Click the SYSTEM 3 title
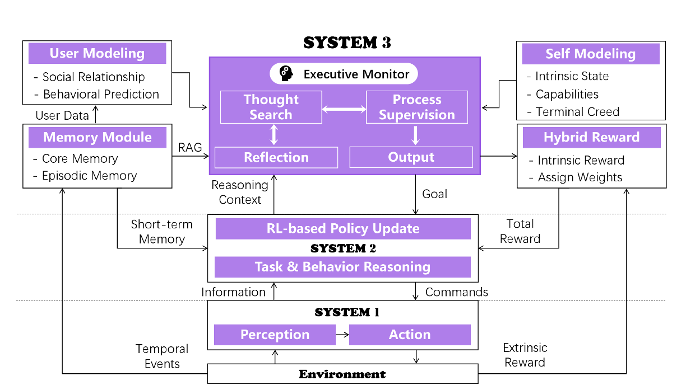pos(347,43)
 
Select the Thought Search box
pos(271,107)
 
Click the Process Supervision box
pos(416,107)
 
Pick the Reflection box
pos(276,157)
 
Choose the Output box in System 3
pos(411,157)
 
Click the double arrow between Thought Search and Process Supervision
pos(344,109)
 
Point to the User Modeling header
pos(97,54)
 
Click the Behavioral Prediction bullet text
pos(101,94)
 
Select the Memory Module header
pos(97,137)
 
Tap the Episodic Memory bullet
pos(89,176)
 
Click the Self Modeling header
pos(590,54)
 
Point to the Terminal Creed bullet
pos(577,112)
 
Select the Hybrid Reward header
pos(591,138)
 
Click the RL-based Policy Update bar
pos(342,229)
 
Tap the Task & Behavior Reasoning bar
pos(342,267)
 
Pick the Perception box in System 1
pos(275,335)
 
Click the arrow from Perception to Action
pos(342,335)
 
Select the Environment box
pos(342,374)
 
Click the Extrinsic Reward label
pos(525,355)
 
